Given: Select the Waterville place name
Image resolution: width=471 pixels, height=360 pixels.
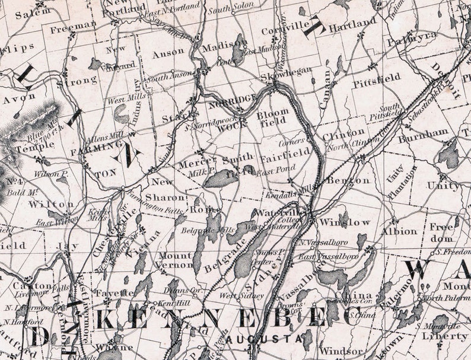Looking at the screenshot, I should (x=272, y=212).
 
